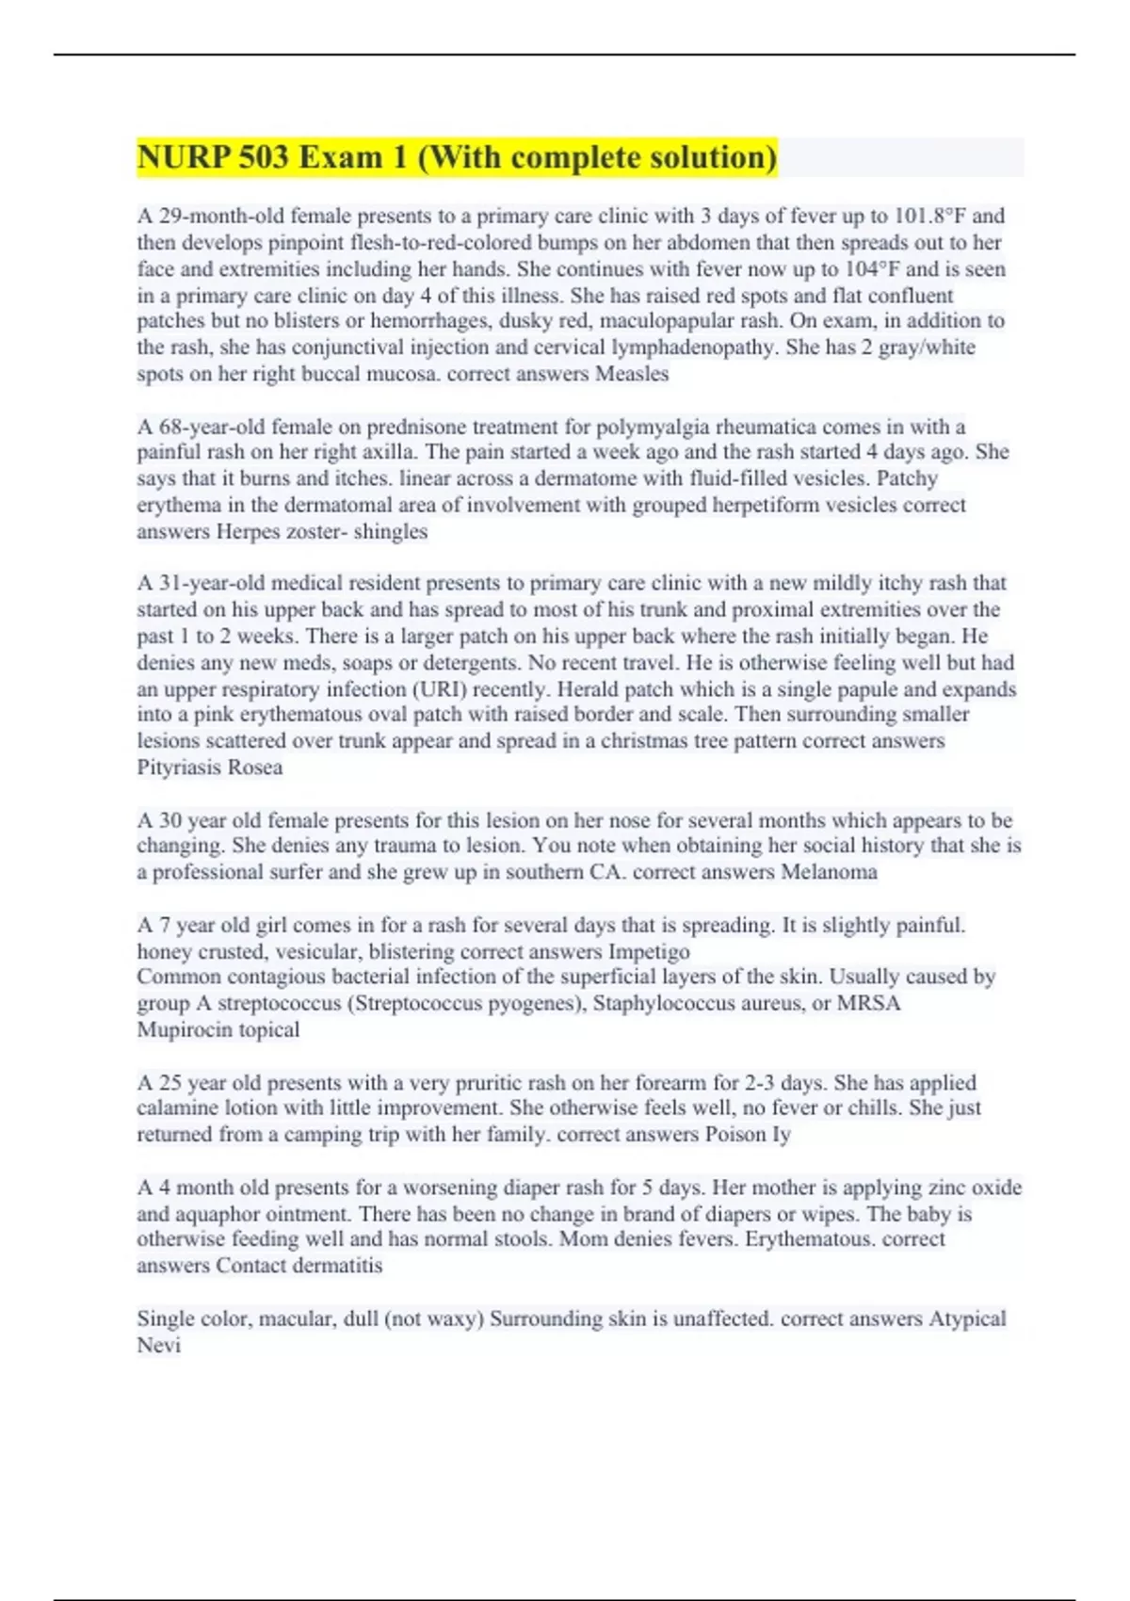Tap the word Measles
[632, 374]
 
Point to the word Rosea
[253, 768]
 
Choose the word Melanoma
[829, 872]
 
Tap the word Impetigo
[649, 951]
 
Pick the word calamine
[175, 1108]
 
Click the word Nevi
[159, 1346]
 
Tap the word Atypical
[967, 1318]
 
